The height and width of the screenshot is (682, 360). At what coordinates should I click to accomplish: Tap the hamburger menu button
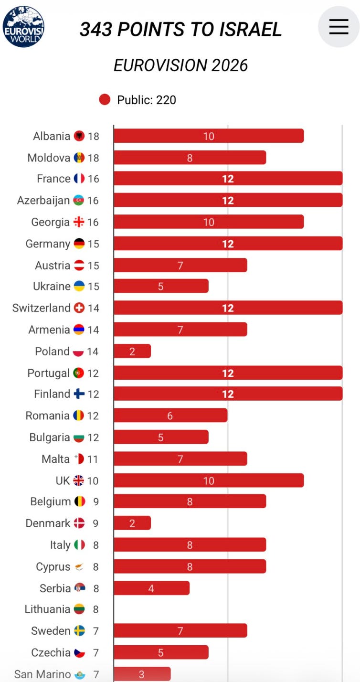(x=339, y=26)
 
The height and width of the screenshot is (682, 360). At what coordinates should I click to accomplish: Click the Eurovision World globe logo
(x=23, y=27)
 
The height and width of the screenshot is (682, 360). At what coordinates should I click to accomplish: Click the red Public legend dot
(x=105, y=99)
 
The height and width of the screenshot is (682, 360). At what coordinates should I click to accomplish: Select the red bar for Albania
(x=209, y=136)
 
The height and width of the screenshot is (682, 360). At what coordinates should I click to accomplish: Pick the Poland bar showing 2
(x=132, y=351)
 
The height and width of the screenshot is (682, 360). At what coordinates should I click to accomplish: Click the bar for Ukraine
(x=161, y=286)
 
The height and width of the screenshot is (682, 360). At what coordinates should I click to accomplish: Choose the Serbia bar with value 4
(x=151, y=588)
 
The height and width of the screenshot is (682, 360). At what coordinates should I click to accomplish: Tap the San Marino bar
(x=142, y=674)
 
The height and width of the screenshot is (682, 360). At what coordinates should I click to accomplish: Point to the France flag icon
(x=79, y=179)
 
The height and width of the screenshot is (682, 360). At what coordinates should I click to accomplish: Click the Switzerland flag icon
(x=79, y=308)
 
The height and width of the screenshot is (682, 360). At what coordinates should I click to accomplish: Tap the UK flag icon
(x=78, y=480)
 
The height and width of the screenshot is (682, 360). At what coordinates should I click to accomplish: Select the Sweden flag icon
(x=79, y=631)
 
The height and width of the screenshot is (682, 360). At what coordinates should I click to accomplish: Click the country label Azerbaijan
(x=43, y=201)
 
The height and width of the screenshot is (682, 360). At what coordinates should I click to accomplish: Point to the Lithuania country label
(x=47, y=609)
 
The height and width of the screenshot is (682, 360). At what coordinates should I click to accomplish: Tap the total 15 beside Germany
(x=94, y=244)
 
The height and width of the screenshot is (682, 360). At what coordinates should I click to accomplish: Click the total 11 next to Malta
(x=93, y=459)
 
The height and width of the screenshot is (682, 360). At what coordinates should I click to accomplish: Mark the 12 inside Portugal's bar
(x=228, y=373)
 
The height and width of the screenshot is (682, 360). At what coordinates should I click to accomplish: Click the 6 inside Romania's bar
(x=170, y=416)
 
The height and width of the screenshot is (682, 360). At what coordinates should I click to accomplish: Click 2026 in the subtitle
(x=230, y=65)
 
